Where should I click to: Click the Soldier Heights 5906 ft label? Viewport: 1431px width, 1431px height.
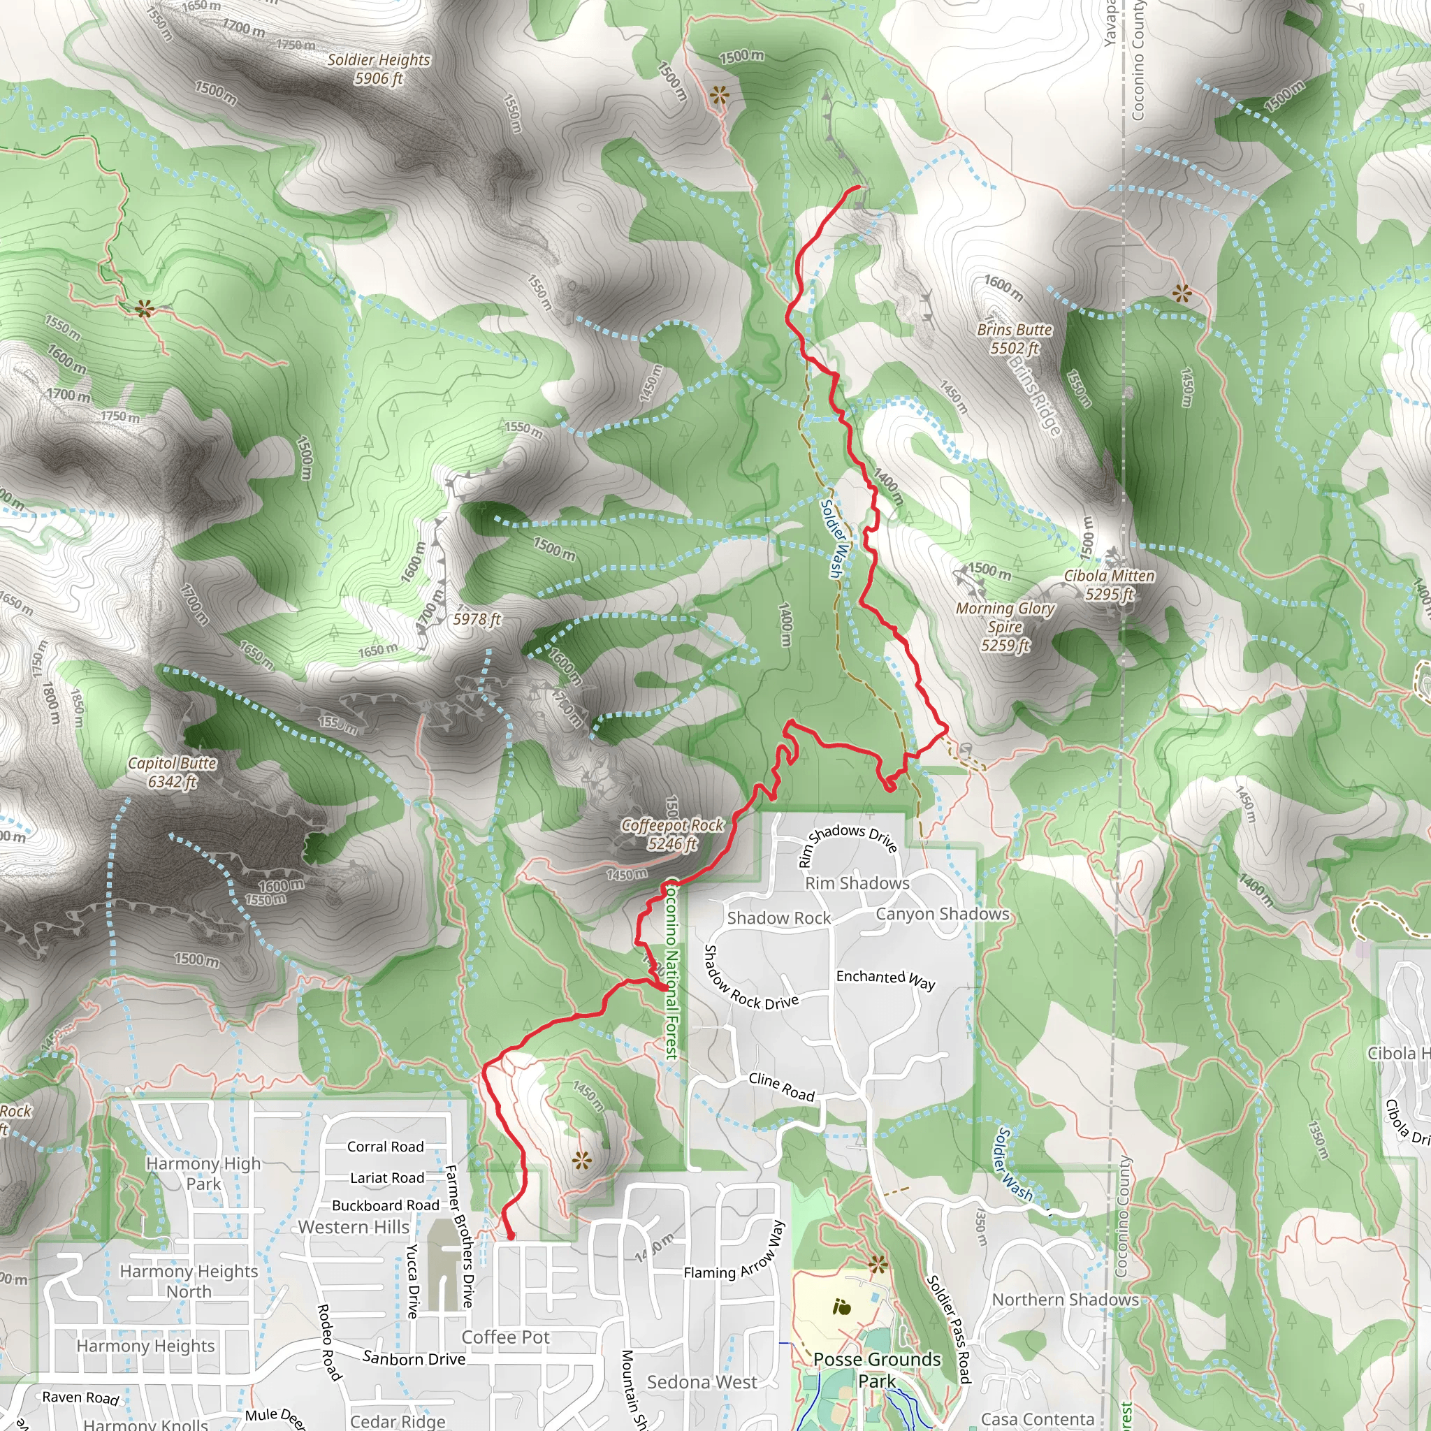379,69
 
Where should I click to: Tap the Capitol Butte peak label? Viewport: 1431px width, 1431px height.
172,772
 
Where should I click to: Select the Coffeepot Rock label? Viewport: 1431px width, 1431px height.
671,834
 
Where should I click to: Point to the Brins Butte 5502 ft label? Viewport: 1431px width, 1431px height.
1014,338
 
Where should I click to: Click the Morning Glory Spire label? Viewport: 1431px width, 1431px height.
1005,627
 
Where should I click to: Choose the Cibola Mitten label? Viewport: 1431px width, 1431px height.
1109,584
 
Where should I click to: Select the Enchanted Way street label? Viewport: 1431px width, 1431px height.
885,979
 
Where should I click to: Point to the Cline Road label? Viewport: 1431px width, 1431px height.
781,1087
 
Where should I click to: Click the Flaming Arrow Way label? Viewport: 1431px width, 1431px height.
733,1249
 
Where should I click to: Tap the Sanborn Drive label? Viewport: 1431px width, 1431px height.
414,1358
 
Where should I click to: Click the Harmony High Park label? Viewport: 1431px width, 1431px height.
204,1173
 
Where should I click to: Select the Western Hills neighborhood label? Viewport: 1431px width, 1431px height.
354,1227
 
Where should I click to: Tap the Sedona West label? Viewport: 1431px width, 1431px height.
702,1382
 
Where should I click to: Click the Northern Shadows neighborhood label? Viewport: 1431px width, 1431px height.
1065,1299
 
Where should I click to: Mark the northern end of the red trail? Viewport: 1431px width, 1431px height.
859,187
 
